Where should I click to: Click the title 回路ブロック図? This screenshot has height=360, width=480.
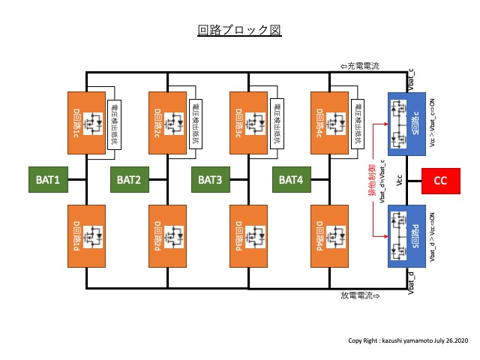(x=238, y=31)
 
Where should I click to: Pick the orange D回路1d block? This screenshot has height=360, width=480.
(x=88, y=235)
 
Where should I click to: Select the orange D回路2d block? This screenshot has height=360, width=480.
(x=170, y=235)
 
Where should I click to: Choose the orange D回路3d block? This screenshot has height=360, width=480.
(x=250, y=235)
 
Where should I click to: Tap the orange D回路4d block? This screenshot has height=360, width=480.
(x=331, y=235)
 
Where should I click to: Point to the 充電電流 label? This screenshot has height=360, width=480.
(x=360, y=67)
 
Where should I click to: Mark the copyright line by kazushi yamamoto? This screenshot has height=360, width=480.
(x=406, y=340)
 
